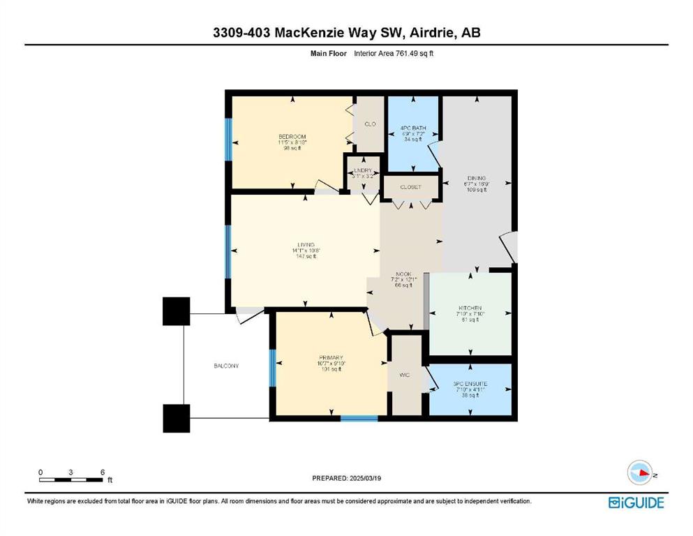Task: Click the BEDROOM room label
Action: (292, 137)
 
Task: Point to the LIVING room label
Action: (305, 245)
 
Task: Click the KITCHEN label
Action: (470, 308)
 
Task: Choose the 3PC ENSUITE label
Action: (470, 384)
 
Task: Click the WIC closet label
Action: (405, 375)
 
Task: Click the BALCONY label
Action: (227, 366)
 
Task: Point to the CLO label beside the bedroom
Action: (369, 124)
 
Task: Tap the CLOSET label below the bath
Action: (410, 187)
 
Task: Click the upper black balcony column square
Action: (176, 311)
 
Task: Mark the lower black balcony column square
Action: (176, 418)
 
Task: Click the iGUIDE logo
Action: (636, 502)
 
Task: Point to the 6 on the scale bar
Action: (103, 472)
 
